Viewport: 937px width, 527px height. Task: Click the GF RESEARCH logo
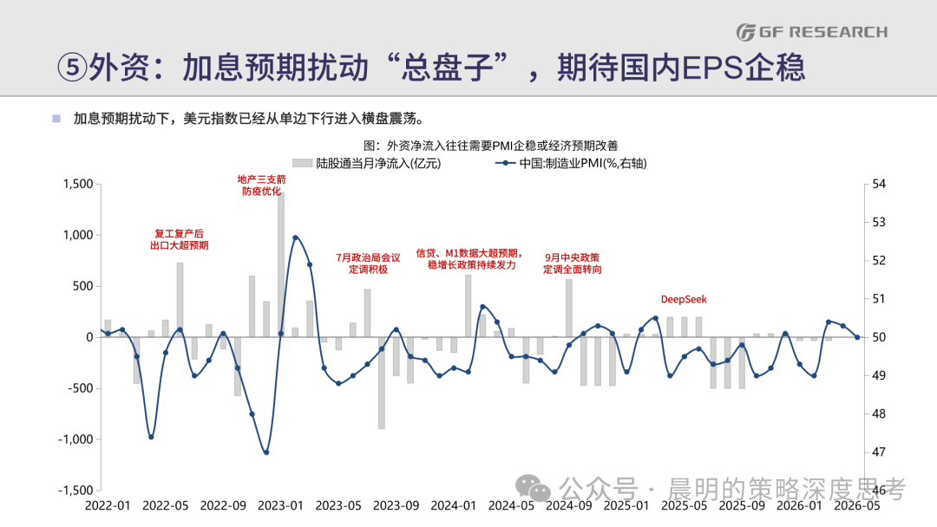(x=812, y=32)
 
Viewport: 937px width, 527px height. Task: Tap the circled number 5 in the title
(x=72, y=67)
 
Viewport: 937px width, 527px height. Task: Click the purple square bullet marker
(x=56, y=118)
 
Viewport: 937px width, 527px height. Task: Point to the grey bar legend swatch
(x=303, y=163)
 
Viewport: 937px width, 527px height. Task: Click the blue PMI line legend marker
(x=505, y=163)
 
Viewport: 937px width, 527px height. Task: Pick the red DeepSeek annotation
(x=684, y=299)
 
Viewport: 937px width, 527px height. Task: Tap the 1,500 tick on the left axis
(x=78, y=184)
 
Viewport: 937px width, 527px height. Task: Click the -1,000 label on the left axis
(x=75, y=439)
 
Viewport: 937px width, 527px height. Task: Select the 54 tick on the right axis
(x=878, y=184)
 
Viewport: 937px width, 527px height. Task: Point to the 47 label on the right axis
(x=878, y=452)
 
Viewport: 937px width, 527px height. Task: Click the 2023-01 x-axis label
(x=280, y=505)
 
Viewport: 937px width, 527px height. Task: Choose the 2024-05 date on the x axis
(x=511, y=505)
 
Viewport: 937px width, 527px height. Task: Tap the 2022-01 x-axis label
(x=108, y=505)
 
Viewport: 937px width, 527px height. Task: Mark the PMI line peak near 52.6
(x=295, y=237)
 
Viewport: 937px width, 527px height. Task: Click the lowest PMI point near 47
(x=266, y=452)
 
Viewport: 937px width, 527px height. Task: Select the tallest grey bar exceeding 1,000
(x=281, y=264)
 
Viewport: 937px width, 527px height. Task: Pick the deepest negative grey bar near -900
(x=381, y=383)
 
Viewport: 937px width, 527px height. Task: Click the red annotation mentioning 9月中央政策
(x=572, y=263)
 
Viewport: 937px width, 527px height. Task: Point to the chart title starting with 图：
(x=490, y=145)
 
